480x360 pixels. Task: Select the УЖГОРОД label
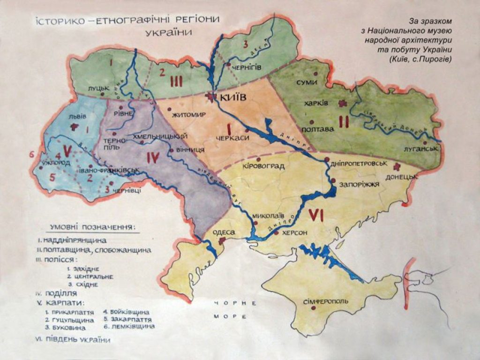(x=56, y=163)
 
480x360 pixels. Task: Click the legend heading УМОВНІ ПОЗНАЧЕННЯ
(x=94, y=227)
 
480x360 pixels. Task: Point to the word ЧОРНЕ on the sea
(x=235, y=303)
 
